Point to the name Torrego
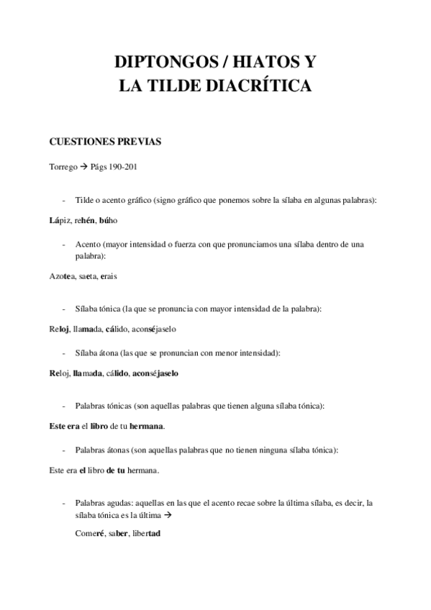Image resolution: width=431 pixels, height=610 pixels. (63, 168)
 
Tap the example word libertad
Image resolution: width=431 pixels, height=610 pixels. (145, 534)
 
